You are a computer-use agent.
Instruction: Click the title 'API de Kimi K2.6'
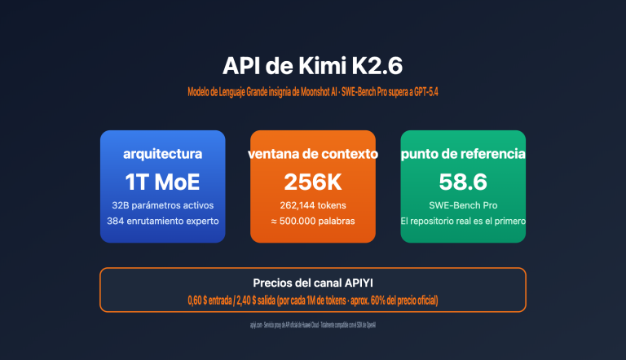click(312, 65)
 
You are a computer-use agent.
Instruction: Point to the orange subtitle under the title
click(312, 92)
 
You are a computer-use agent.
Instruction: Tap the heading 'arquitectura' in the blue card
click(162, 153)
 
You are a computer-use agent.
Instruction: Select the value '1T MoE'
click(162, 181)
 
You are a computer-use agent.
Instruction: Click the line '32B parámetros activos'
click(162, 204)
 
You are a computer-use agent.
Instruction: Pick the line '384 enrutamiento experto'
click(162, 221)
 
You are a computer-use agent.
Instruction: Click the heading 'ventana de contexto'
click(313, 153)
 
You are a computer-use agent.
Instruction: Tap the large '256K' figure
click(313, 181)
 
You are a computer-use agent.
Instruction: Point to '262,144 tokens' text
click(313, 204)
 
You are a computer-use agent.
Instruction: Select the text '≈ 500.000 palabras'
click(313, 221)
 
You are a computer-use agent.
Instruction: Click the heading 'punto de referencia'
click(463, 153)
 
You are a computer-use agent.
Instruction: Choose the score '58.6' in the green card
click(463, 181)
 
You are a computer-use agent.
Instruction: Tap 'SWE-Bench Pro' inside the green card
click(463, 204)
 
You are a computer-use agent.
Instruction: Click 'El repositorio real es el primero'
click(463, 221)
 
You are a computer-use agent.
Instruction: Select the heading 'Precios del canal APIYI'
click(313, 283)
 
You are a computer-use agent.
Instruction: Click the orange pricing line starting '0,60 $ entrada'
click(313, 301)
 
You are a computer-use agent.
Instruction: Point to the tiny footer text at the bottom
click(313, 324)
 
